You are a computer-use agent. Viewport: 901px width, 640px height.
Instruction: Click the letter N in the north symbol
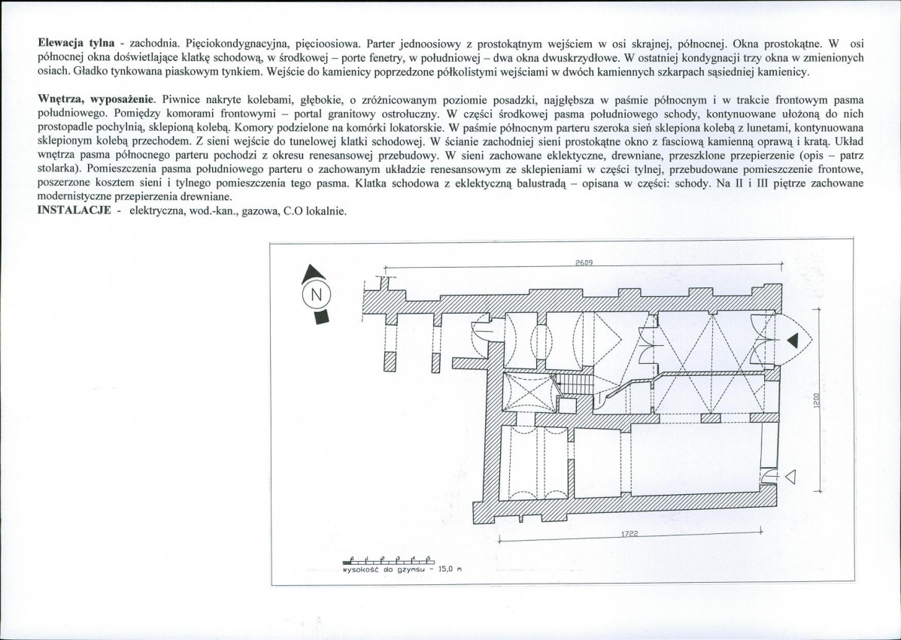(x=317, y=294)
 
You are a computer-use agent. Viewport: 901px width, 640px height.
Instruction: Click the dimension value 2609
(x=584, y=262)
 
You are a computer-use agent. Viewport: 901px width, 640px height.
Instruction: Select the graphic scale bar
(x=388, y=560)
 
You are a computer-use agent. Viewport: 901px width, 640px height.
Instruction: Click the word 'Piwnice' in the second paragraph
(x=181, y=99)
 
